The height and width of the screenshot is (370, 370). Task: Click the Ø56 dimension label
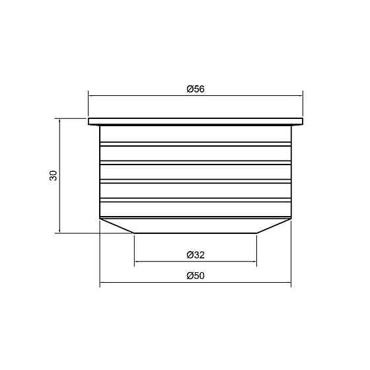coord(196,89)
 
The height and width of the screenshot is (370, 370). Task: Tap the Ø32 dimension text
coord(196,255)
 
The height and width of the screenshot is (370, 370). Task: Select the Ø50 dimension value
coord(196,276)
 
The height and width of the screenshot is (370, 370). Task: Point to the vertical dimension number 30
coord(54,175)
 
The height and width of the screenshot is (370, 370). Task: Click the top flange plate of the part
coord(196,122)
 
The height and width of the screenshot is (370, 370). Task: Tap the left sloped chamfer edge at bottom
coord(117,226)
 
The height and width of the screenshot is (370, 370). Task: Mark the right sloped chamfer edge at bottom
coord(274,226)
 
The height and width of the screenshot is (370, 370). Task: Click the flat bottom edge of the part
coord(196,233)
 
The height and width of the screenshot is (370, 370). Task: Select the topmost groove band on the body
coord(196,144)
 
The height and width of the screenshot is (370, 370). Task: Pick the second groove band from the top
coord(196,163)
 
